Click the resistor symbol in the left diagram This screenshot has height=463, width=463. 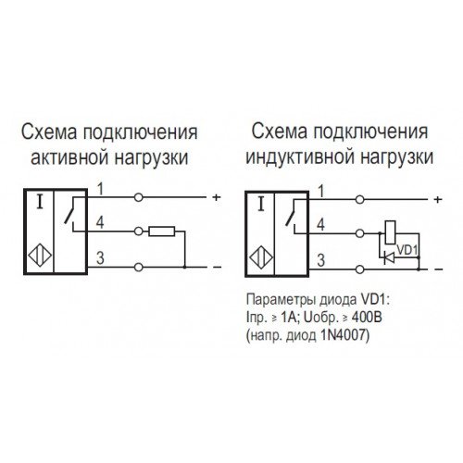click(162, 231)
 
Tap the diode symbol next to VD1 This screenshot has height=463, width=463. click(390, 257)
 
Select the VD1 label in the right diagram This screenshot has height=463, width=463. click(407, 250)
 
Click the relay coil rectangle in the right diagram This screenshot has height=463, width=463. click(391, 232)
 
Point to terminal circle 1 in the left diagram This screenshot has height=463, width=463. click(139, 197)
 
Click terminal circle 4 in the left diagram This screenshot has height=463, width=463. click(139, 231)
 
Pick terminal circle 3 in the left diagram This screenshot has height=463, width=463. click(139, 267)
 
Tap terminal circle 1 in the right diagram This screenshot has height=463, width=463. click(359, 200)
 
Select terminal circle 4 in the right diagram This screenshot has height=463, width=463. click(359, 233)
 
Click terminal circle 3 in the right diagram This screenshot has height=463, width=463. click(359, 269)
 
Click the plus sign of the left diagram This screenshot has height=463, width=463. click(217, 197)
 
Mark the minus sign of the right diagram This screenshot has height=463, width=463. click(438, 269)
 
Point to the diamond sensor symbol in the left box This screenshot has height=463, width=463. click(40, 256)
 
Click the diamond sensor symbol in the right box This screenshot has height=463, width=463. click(261, 257)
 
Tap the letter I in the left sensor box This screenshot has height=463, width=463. click(40, 203)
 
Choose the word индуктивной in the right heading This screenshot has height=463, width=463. click(300, 157)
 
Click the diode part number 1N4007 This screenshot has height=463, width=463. click(343, 335)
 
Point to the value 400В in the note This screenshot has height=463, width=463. click(367, 318)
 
